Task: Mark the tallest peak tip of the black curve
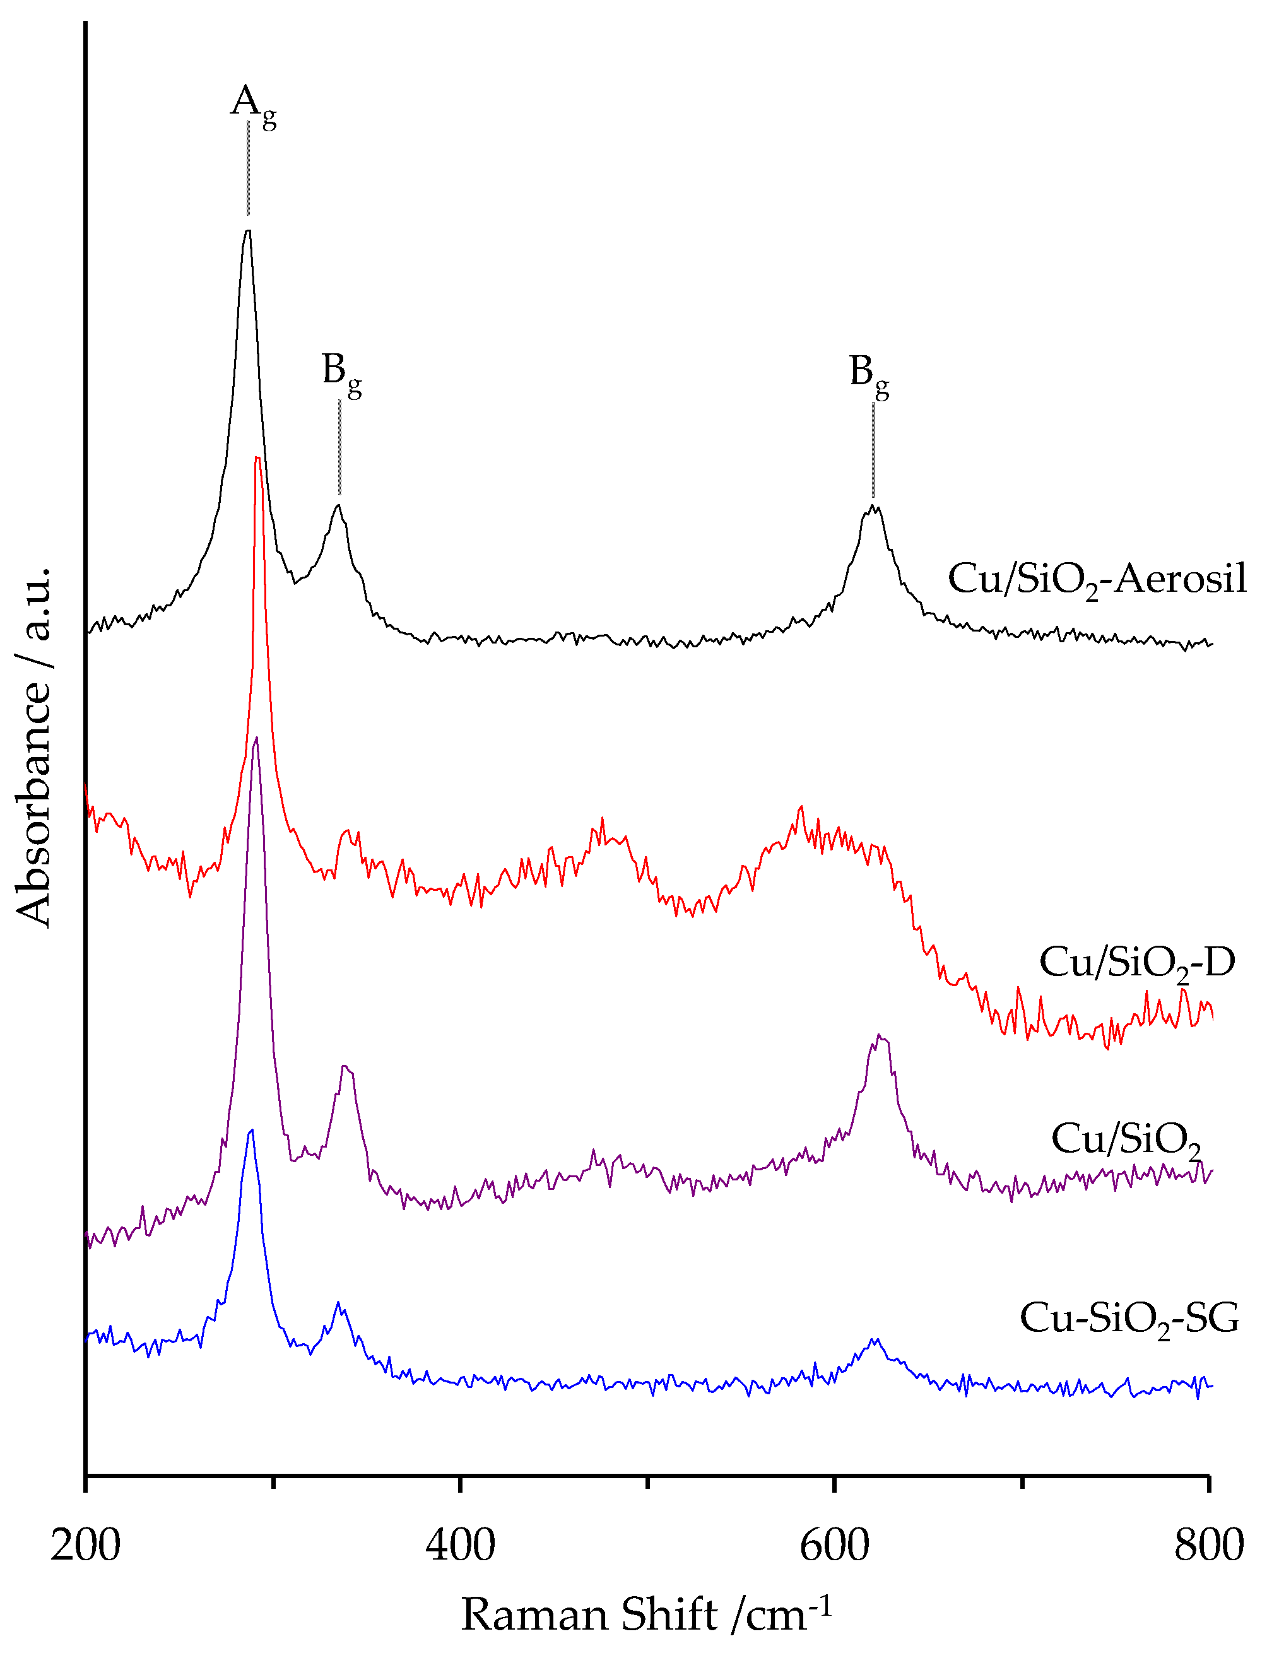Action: [247, 231]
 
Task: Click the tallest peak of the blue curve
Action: [251, 1130]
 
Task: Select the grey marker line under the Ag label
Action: [248, 167]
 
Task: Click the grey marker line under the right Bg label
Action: [873, 449]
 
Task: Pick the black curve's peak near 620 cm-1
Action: [873, 507]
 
